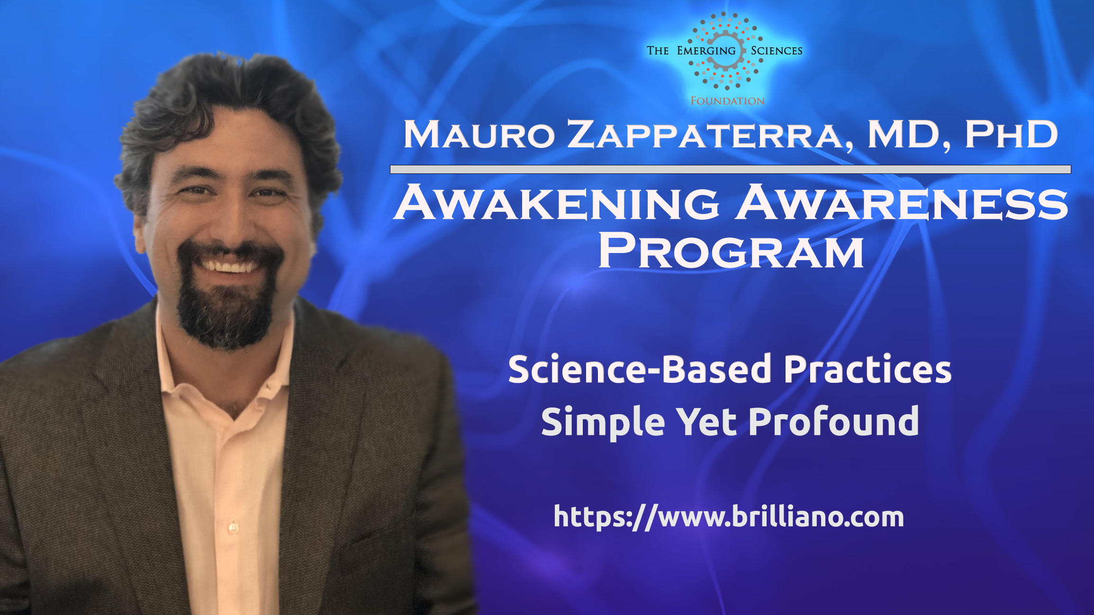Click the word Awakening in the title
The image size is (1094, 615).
pyautogui.click(x=556, y=202)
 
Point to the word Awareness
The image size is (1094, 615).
pyautogui.click(x=901, y=202)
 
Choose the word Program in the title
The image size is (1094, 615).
pyautogui.click(x=731, y=251)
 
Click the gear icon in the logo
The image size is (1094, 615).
pyautogui.click(x=725, y=51)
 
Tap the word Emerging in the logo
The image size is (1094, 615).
pyautogui.click(x=706, y=51)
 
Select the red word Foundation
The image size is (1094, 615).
pyautogui.click(x=727, y=101)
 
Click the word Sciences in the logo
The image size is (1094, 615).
pyautogui.click(x=777, y=51)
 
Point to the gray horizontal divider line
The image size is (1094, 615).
pyautogui.click(x=730, y=170)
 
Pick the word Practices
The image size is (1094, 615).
pyautogui.click(x=868, y=369)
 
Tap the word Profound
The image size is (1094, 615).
pyautogui.click(x=834, y=421)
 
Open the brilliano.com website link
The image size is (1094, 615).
pyautogui.click(x=729, y=516)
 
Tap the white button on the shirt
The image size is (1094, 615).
pyautogui.click(x=233, y=526)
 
